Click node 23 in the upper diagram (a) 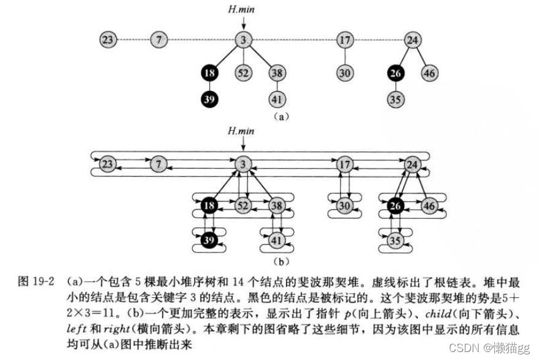tap(108, 41)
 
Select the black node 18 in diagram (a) tap(209, 74)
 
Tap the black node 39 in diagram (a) tap(209, 98)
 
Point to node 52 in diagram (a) tap(244, 74)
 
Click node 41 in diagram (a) tap(277, 98)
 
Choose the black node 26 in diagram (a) tap(396, 74)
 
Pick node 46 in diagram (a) tap(430, 74)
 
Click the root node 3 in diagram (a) tap(244, 41)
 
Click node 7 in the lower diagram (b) tap(159, 165)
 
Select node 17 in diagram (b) tap(345, 165)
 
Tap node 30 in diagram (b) tap(345, 206)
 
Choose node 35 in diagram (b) tap(396, 240)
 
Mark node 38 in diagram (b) tap(277, 206)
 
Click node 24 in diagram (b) tap(413, 165)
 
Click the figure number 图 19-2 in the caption tap(36, 281)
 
